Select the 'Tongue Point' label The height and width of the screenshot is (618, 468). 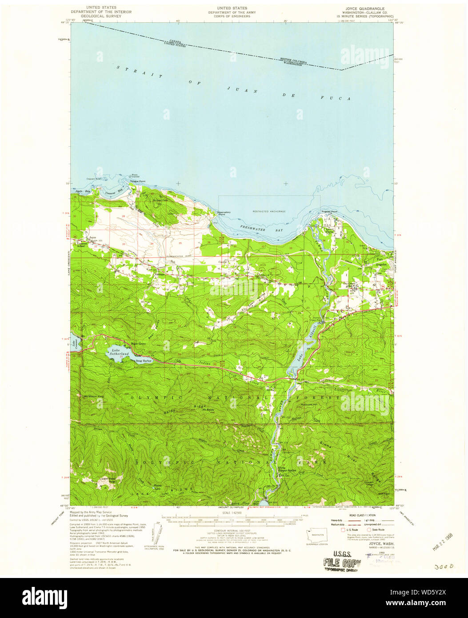(x=137, y=181)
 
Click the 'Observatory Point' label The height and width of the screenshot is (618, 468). (x=224, y=213)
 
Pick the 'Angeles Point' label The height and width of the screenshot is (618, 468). (x=329, y=212)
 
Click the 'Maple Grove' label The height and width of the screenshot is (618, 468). (x=139, y=344)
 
